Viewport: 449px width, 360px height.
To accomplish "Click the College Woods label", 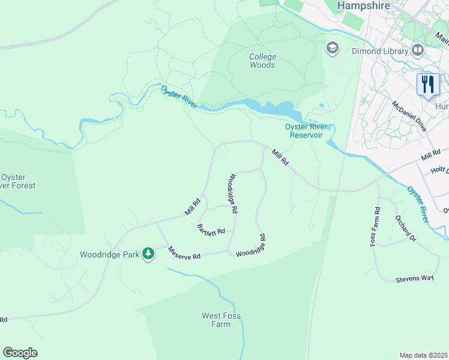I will pyautogui.click(x=262, y=61).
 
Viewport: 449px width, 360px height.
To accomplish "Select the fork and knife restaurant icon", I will pyautogui.click(x=428, y=84).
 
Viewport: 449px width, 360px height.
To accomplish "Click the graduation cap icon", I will pyautogui.click(x=332, y=47).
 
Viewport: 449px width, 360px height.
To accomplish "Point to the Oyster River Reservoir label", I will pyautogui.click(x=307, y=131).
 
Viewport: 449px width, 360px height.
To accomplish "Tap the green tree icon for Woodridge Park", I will pyautogui.click(x=148, y=254).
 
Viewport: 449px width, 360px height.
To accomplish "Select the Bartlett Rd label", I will pyautogui.click(x=211, y=229).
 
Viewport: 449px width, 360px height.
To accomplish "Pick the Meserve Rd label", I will pyautogui.click(x=184, y=254).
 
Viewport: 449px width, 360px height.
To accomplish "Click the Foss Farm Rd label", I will pyautogui.click(x=377, y=227).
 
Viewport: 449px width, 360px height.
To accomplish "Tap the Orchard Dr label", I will pyautogui.click(x=405, y=228).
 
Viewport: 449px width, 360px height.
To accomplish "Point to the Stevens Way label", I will pyautogui.click(x=414, y=279).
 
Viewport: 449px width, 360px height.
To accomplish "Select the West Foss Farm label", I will pyautogui.click(x=215, y=320).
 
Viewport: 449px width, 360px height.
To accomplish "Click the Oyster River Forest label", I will pyautogui.click(x=18, y=181).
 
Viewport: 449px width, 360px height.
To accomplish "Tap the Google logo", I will pyautogui.click(x=20, y=352).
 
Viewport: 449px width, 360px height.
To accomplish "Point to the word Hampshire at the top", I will pyautogui.click(x=364, y=5).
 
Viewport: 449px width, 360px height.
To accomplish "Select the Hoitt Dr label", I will pyautogui.click(x=439, y=170).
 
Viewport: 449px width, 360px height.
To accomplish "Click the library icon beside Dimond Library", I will pyautogui.click(x=418, y=50).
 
